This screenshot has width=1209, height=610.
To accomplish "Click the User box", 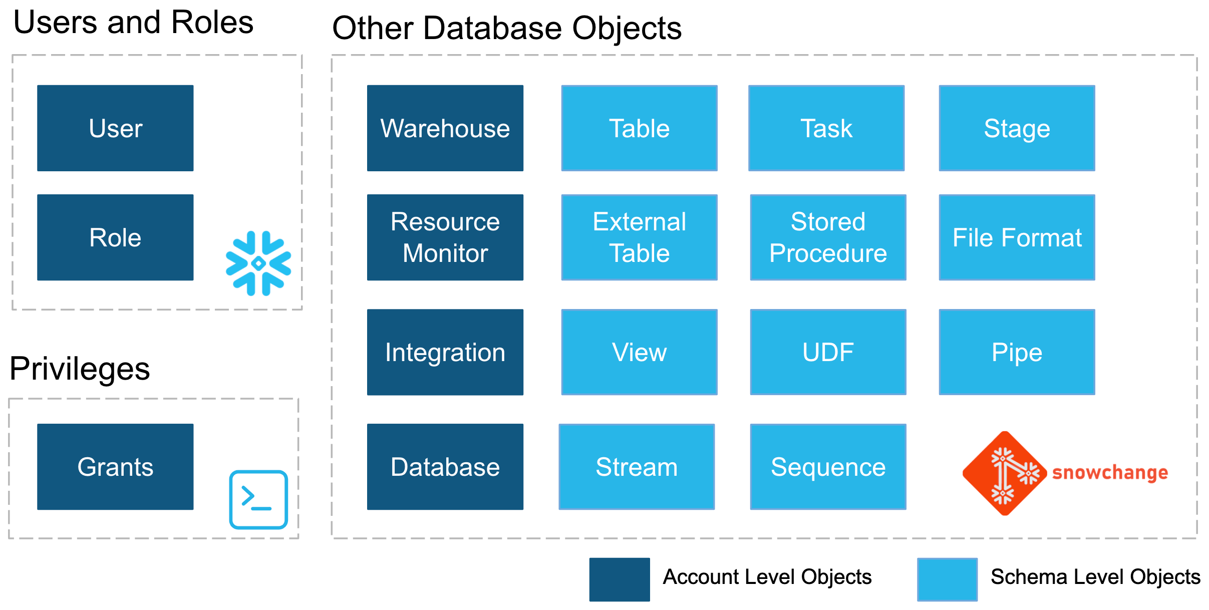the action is point(115,128).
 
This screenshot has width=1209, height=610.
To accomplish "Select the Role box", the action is point(115,237).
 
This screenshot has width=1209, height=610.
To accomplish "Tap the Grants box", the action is point(115,467).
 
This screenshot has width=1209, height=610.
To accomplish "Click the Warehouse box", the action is point(445,128).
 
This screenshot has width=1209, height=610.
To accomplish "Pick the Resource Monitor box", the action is point(445,237).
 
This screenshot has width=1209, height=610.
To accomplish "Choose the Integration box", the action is point(445,352).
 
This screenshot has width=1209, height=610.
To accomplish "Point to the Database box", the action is point(445,467).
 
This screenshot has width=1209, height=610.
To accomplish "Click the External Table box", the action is point(640,237).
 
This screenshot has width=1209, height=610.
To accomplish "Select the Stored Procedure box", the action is point(828,237).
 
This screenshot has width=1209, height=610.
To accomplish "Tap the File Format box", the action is point(1017,237).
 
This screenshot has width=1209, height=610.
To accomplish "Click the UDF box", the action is point(828,352).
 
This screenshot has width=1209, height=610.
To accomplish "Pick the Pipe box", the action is point(1017,352).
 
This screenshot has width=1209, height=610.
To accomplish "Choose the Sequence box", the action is point(828,467).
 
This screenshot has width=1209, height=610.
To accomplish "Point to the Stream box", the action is point(637,467).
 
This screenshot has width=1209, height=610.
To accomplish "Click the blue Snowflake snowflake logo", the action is point(258,263).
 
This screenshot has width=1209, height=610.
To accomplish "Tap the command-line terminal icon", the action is point(258,499).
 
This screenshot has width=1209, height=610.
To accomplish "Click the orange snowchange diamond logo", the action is point(1005,473).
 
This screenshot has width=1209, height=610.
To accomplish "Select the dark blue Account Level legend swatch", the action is point(620,579).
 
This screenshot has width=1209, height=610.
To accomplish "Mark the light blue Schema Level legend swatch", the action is point(948,579).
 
